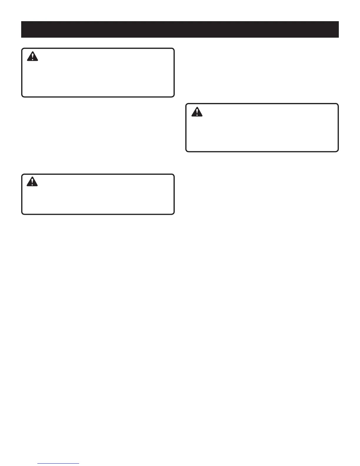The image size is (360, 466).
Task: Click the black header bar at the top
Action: pyautogui.click(x=180, y=29)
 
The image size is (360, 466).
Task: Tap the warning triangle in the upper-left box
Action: pyautogui.click(x=32, y=56)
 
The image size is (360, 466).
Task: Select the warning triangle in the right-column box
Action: pyautogui.click(x=197, y=112)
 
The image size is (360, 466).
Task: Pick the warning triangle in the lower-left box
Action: pyautogui.click(x=32, y=182)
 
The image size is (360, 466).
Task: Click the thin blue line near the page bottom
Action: pyautogui.click(x=59, y=464)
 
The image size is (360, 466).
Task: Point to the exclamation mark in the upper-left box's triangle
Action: pyautogui.click(x=32, y=57)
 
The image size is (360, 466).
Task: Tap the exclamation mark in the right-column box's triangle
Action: pyautogui.click(x=197, y=112)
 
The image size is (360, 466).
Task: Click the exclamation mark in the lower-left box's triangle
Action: pyautogui.click(x=32, y=182)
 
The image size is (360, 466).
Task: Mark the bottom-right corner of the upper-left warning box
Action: pyautogui.click(x=174, y=96)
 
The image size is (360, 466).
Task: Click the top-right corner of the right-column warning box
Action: pyautogui.click(x=338, y=104)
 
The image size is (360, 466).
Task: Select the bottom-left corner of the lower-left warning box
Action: pyautogui.click(x=22, y=214)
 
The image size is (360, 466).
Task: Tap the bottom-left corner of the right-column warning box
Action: pyautogui.click(x=186, y=151)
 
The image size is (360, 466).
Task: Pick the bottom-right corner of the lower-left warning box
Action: pyautogui.click(x=174, y=214)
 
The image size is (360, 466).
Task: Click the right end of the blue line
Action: pyautogui.click(x=79, y=464)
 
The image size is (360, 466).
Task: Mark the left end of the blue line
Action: pyautogui.click(x=38, y=464)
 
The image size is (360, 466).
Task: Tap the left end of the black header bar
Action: pyautogui.click(x=22, y=29)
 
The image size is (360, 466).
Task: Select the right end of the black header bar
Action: pyautogui.click(x=338, y=29)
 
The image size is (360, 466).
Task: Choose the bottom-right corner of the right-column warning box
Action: pyautogui.click(x=338, y=151)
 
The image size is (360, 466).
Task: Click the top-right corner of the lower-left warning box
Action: pyautogui.click(x=174, y=174)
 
